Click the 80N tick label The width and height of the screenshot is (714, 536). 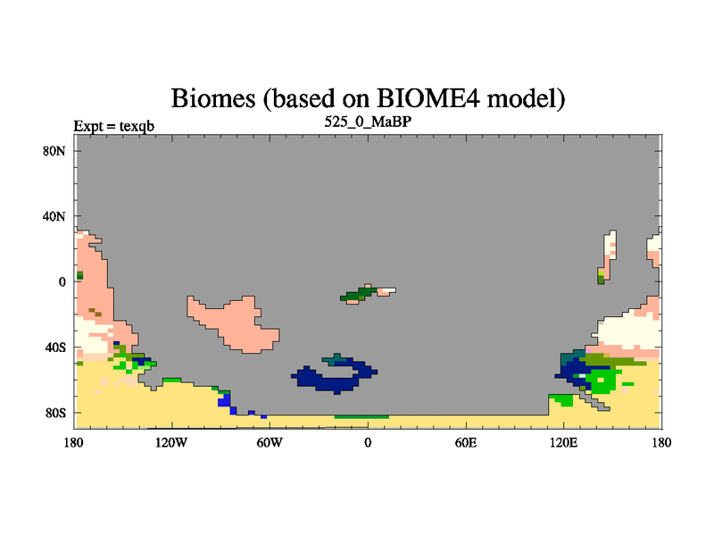(54, 151)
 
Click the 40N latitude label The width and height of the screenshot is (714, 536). (54, 216)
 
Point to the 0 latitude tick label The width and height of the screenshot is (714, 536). (62, 282)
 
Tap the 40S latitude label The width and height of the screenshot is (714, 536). (55, 348)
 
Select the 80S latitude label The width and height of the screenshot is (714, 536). (55, 414)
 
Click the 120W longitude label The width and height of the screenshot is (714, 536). (171, 442)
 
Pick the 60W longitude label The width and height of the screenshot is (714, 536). (270, 442)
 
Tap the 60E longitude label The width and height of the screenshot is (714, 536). (466, 442)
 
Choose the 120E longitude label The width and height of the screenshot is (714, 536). (564, 442)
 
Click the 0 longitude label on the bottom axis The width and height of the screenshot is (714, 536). (368, 442)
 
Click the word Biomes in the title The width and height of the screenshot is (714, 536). (213, 98)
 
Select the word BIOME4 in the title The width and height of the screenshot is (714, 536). (428, 98)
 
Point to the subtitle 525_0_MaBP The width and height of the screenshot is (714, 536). (368, 121)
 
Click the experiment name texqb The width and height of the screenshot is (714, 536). (137, 126)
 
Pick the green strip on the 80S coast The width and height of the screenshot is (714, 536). (361, 416)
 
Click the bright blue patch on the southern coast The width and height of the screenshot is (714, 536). (224, 400)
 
